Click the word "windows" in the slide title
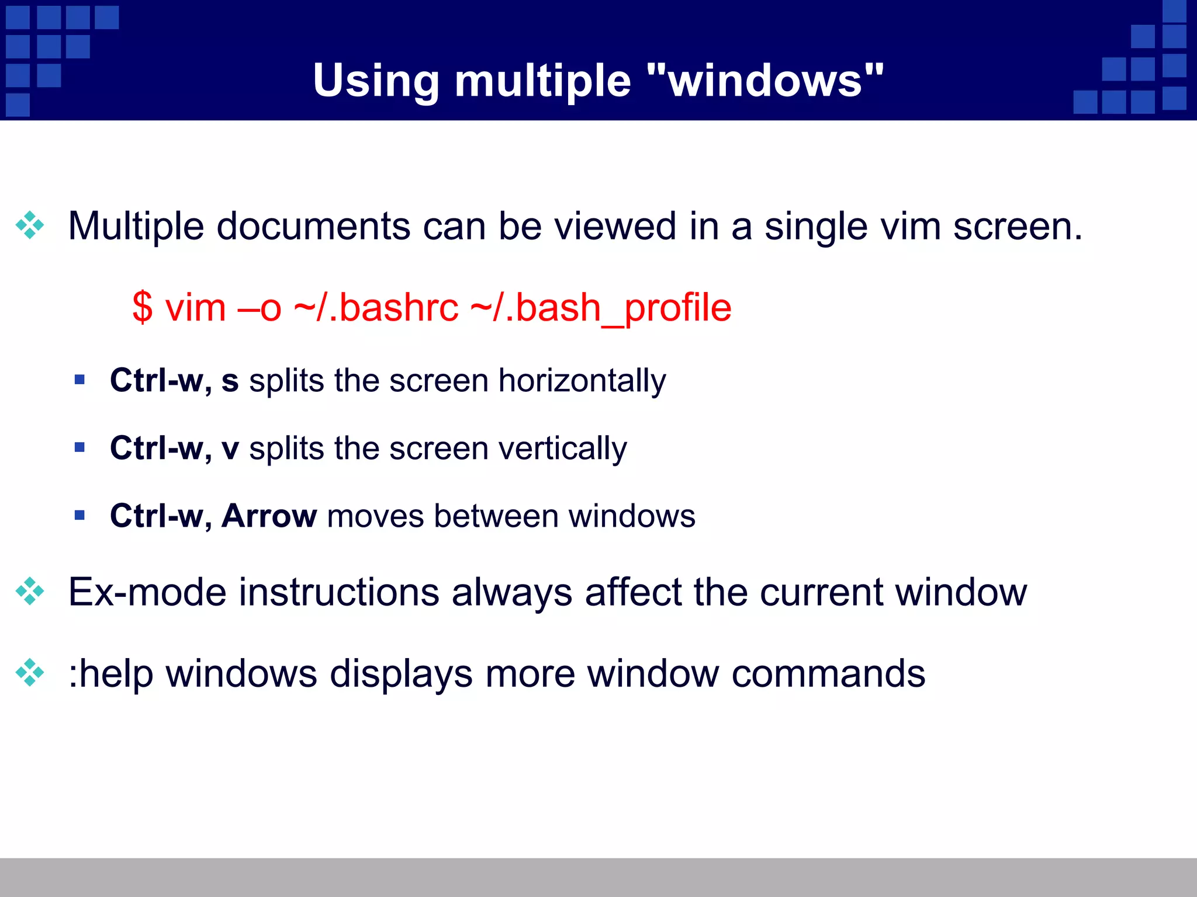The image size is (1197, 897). (766, 81)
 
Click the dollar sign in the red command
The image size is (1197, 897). (142, 308)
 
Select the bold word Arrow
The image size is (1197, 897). (269, 516)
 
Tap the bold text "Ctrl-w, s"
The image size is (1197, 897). (174, 381)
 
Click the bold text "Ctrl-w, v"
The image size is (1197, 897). (174, 448)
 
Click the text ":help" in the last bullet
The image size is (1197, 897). (110, 674)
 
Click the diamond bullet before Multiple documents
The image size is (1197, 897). (30, 225)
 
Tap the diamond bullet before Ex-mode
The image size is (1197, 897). (30, 592)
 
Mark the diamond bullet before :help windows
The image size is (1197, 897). (30, 673)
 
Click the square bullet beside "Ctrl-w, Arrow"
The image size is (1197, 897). (80, 515)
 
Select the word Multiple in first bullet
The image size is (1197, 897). (136, 227)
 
